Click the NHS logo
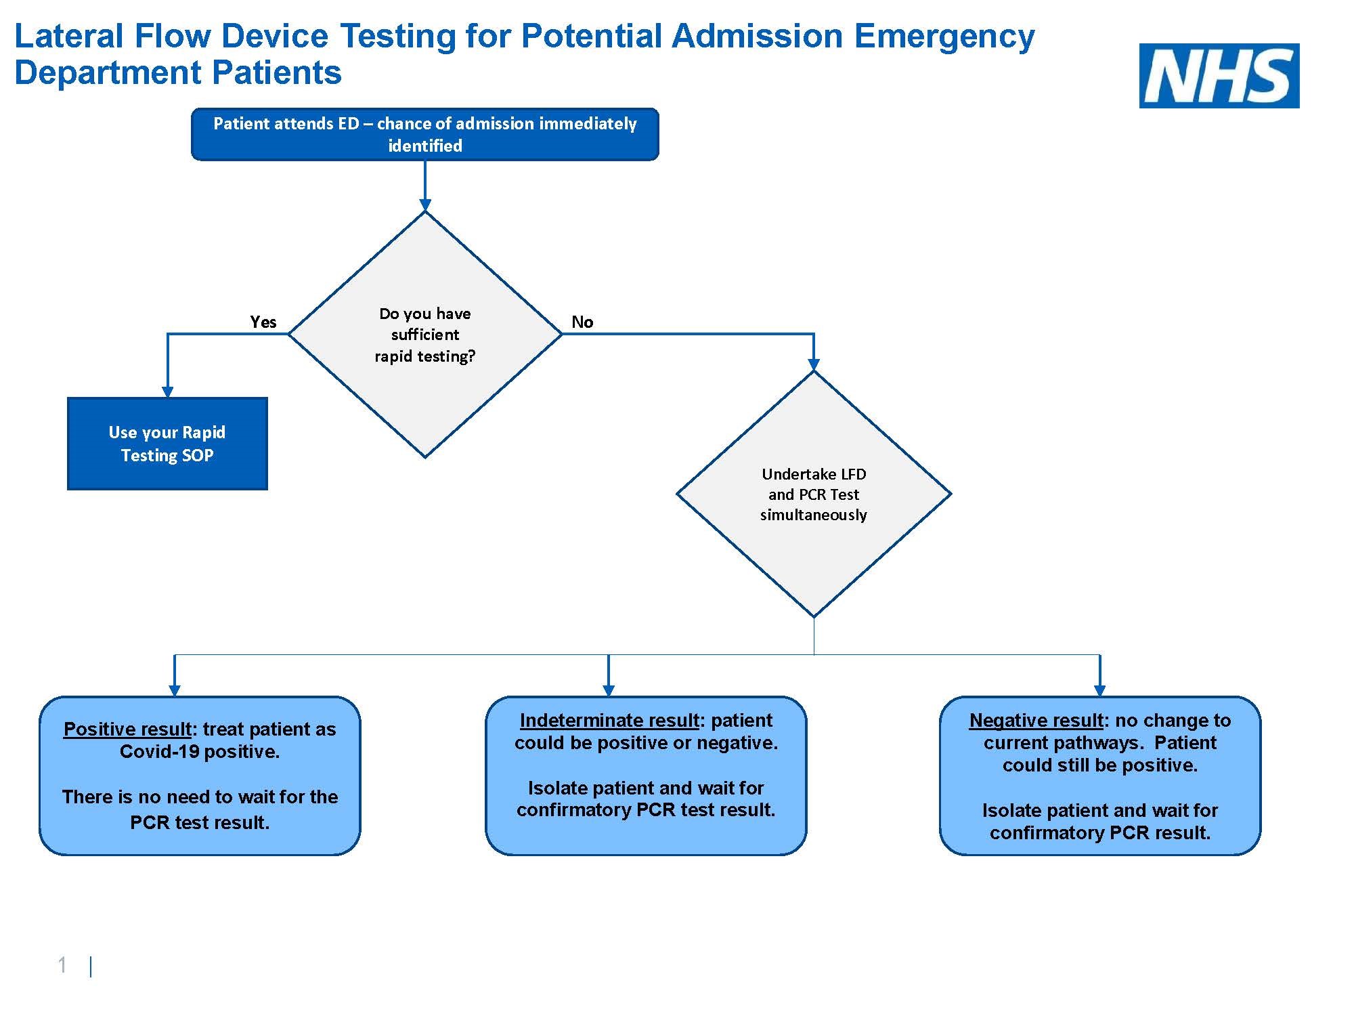1219,76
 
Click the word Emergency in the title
944,37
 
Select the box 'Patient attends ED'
424,134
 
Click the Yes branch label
263,322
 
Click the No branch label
582,322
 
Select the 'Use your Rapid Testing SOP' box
167,444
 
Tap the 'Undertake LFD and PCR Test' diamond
813,494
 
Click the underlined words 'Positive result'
127,729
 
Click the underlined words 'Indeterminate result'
609,720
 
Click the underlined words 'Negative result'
1036,720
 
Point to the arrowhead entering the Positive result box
175,690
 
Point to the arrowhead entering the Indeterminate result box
608,690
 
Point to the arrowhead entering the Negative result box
1099,690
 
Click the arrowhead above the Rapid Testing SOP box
167,391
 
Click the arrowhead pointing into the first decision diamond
424,205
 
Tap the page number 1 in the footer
62,965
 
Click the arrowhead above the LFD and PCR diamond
813,364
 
